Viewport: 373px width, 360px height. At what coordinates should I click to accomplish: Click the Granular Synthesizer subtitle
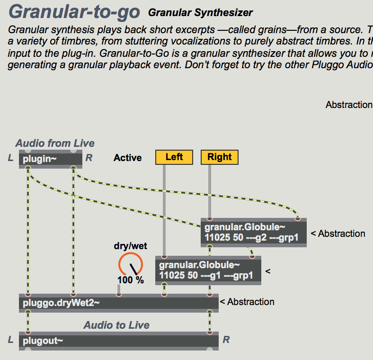[x=200, y=13]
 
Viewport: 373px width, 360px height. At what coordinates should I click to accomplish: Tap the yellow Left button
[x=174, y=157]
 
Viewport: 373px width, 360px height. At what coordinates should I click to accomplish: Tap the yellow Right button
[x=220, y=157]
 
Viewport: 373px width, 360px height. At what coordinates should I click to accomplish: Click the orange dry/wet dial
[x=130, y=264]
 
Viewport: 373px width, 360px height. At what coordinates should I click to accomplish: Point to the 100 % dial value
[x=130, y=280]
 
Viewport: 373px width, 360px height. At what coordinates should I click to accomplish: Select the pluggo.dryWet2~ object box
[x=118, y=302]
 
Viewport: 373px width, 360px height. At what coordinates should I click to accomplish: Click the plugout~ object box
[x=118, y=341]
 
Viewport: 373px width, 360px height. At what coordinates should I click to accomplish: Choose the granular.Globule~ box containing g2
[x=253, y=233]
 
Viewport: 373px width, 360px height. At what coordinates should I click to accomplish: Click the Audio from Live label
[x=55, y=143]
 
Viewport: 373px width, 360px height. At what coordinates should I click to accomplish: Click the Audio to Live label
[x=116, y=325]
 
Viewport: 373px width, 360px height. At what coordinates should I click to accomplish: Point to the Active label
[x=128, y=158]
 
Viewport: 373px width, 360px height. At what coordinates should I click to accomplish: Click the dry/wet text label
[x=131, y=245]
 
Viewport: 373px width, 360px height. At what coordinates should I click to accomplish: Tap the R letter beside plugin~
[x=89, y=158]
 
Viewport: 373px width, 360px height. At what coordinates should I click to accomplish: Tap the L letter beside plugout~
[x=10, y=340]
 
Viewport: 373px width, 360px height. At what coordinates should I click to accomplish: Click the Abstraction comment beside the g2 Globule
[x=338, y=234]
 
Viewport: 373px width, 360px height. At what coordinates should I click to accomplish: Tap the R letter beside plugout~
[x=226, y=340]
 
